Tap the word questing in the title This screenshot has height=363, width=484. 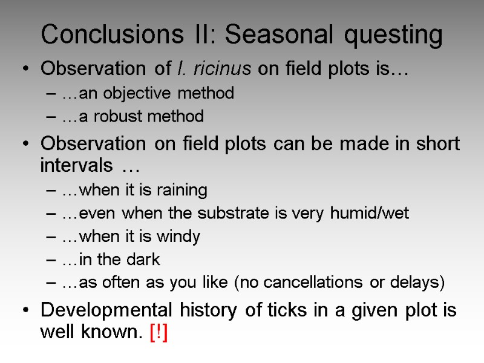coord(394,36)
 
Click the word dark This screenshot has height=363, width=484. coord(143,260)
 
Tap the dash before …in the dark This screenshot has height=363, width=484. coord(52,260)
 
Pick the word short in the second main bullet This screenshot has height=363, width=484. coord(435,144)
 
